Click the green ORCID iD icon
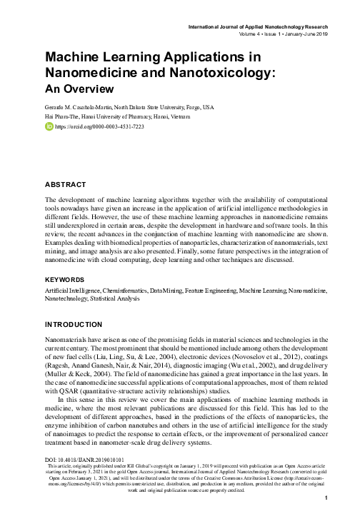point(49,126)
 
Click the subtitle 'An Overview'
point(79,89)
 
